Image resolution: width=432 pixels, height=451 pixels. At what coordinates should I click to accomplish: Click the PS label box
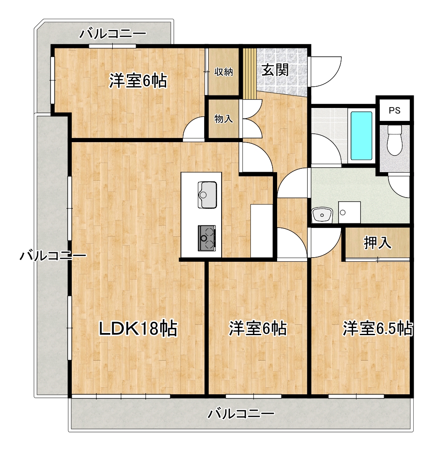(394, 110)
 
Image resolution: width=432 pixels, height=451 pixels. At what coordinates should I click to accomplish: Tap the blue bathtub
(361, 135)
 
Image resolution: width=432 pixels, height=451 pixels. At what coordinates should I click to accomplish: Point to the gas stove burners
(207, 238)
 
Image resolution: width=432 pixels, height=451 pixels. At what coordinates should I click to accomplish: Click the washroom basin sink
(322, 215)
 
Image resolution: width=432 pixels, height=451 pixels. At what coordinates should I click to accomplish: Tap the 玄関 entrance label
(275, 70)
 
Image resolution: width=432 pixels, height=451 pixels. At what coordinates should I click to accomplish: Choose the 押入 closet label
(378, 243)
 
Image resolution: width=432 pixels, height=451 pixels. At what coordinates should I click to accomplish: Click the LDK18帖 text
(138, 329)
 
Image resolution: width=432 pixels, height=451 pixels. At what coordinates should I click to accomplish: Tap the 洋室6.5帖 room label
(378, 329)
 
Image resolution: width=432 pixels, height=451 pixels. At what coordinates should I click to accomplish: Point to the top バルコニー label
(113, 33)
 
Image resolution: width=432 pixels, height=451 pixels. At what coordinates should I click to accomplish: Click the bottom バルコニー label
(241, 414)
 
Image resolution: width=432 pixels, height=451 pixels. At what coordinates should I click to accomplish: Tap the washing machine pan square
(349, 212)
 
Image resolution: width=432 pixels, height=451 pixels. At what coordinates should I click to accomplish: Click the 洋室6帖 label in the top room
(138, 81)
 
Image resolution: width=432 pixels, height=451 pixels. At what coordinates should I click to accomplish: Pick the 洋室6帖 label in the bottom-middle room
(258, 329)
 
